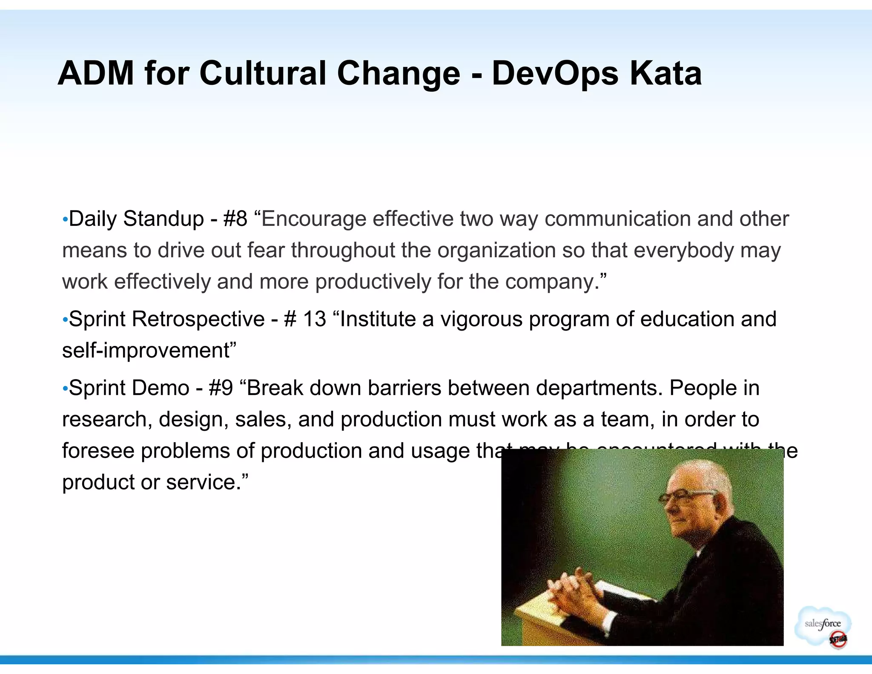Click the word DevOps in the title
point(554,73)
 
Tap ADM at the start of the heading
point(96,73)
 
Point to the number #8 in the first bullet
point(235,219)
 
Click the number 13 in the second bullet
point(314,319)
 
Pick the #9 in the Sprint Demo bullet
point(221,388)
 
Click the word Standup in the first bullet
point(163,219)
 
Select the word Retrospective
point(198,319)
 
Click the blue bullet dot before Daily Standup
point(65,220)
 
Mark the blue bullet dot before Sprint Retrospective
point(65,320)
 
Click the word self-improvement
point(146,351)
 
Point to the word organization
point(496,251)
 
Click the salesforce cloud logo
point(823,625)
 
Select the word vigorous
point(481,319)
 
